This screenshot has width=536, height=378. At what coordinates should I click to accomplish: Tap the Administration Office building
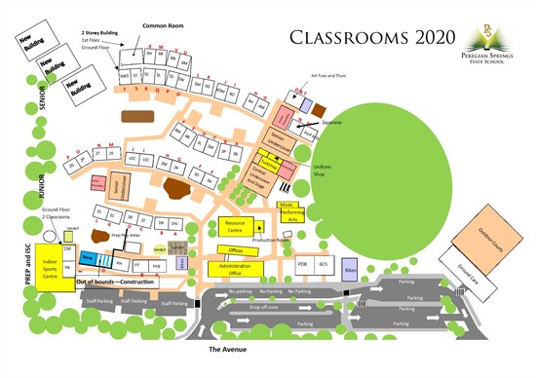tap(236, 267)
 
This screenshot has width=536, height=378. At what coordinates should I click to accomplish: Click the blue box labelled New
tap(87, 256)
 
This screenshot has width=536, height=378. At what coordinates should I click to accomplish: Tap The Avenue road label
tap(232, 348)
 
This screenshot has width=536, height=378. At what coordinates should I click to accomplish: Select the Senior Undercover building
tap(283, 138)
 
